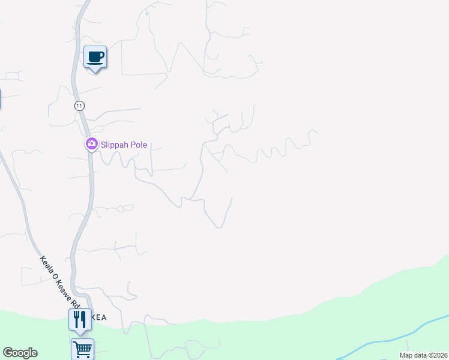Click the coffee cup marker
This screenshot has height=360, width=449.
point(95,57)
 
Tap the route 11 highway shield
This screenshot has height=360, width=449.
point(79,106)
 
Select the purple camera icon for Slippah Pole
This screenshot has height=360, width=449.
point(91,144)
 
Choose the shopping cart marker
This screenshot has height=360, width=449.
point(82,348)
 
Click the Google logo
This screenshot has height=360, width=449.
point(20,353)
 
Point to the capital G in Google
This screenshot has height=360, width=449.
point(8,353)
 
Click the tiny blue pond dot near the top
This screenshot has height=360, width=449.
point(146,14)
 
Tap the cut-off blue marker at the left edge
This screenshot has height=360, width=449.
point(0,98)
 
